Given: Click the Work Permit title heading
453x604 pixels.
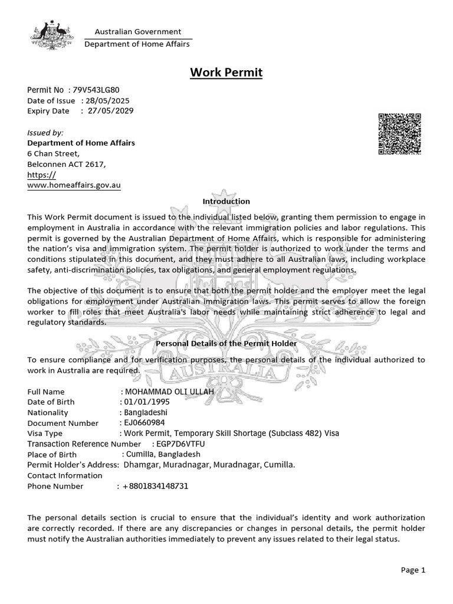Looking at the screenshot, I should [226, 73].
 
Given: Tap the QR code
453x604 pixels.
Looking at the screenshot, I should [399, 133].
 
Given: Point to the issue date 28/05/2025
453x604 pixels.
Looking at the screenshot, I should [107, 100].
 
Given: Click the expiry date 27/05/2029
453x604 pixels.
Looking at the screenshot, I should [110, 110].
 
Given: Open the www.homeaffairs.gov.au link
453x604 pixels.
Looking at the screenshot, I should [74, 185].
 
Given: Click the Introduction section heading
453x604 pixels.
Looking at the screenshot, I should [226, 201].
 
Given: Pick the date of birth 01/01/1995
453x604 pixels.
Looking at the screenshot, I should [143, 402].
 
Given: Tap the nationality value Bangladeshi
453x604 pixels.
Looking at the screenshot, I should [146, 412].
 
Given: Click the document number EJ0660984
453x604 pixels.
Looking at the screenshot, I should [144, 423].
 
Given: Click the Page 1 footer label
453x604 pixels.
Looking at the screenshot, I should [413, 570].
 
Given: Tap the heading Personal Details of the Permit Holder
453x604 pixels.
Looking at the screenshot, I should [226, 343].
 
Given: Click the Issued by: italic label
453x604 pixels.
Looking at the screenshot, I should [45, 133].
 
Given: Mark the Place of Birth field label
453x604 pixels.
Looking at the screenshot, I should [52, 454].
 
